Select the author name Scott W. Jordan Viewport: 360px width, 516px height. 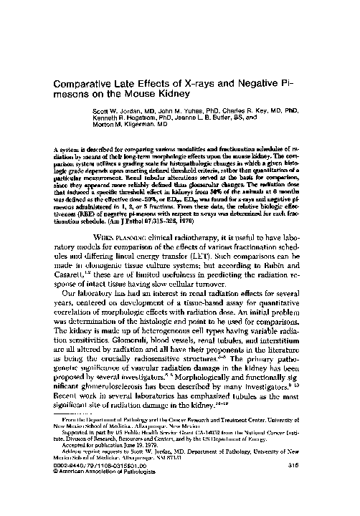117,111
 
